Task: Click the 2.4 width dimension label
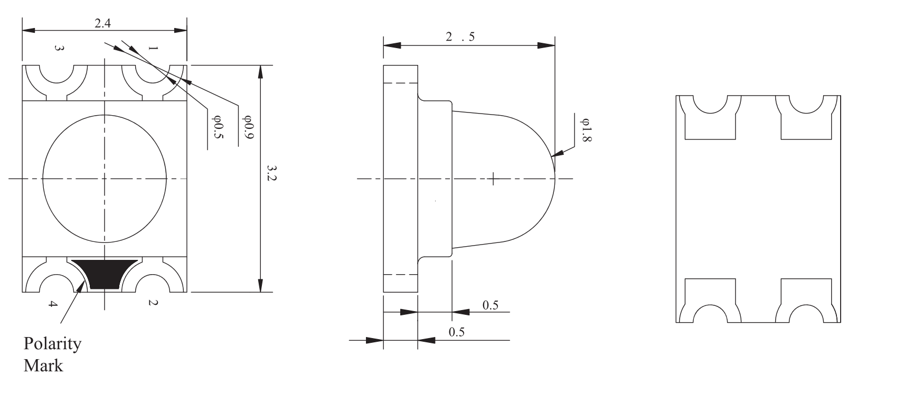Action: click(102, 23)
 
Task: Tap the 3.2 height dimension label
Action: click(271, 173)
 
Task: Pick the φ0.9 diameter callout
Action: click(248, 127)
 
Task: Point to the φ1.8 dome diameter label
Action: click(586, 129)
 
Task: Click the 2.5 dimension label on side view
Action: click(460, 37)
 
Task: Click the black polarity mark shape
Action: click(104, 274)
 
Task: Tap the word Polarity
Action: click(52, 344)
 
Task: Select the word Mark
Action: click(43, 366)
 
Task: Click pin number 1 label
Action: click(153, 49)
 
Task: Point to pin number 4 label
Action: click(52, 304)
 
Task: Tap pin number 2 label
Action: click(153, 303)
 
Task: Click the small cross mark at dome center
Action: click(493, 179)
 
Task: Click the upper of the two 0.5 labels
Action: click(491, 305)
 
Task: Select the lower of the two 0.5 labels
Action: click(456, 332)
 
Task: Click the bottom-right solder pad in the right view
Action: click(806, 301)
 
